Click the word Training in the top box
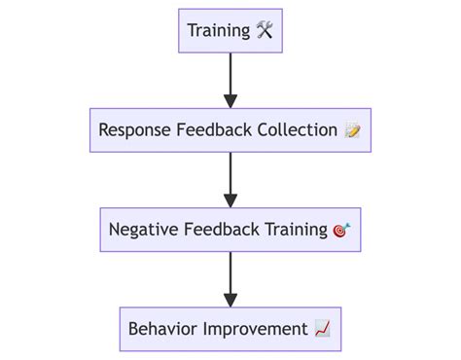[218, 30]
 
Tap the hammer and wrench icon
[265, 30]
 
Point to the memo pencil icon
[353, 130]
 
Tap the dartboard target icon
[341, 231]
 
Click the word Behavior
[162, 329]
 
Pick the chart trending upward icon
[323, 330]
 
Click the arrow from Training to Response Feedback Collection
[230, 78]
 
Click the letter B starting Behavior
[133, 329]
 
